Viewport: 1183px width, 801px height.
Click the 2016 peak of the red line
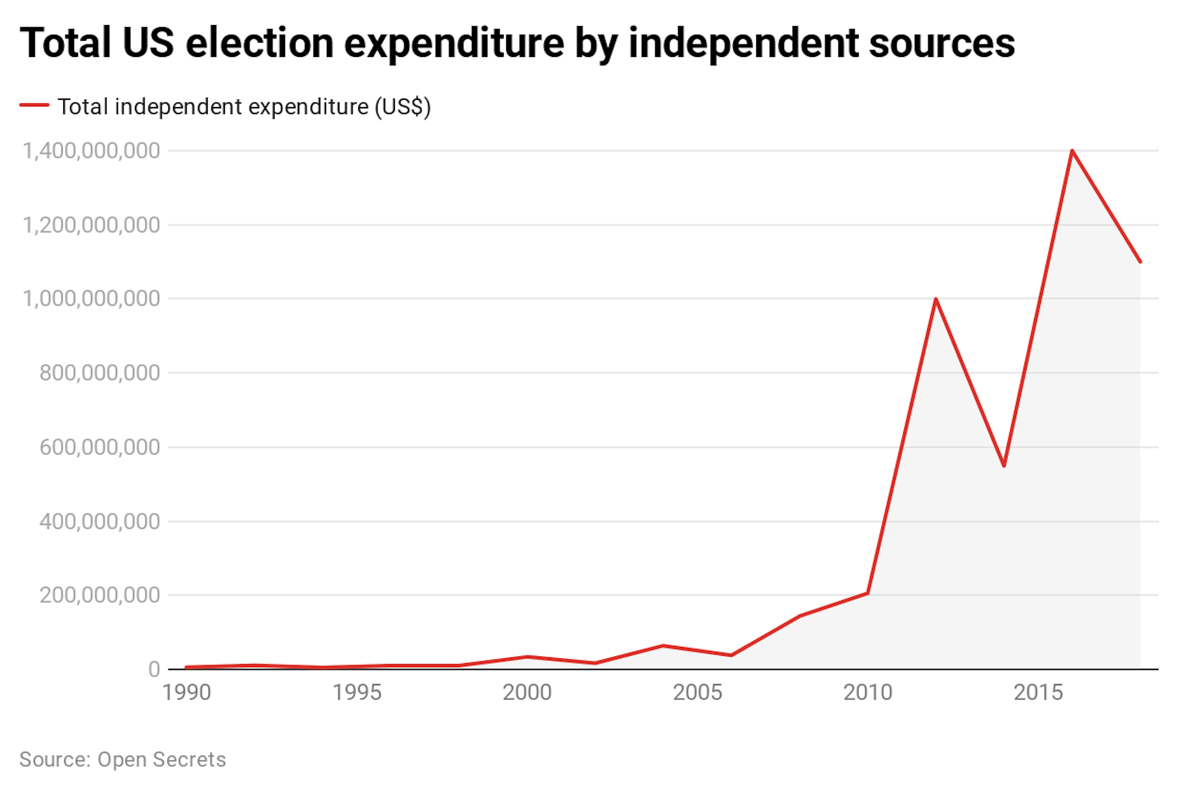(1072, 151)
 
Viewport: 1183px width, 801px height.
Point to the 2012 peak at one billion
(936, 299)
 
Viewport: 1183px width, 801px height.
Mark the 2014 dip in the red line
(1004, 465)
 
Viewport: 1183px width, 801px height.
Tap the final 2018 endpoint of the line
(1140, 262)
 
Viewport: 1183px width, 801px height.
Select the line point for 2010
(868, 593)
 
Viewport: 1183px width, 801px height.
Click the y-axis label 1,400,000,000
(91, 151)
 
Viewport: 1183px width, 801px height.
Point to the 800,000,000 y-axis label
(99, 373)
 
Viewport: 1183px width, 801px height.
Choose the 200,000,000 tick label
(99, 595)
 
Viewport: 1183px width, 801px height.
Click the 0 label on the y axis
(154, 669)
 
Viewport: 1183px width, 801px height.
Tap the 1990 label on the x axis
(187, 692)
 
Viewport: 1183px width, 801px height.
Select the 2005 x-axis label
(697, 692)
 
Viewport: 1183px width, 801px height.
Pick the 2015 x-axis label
(1038, 692)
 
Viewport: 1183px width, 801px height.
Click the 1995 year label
(357, 692)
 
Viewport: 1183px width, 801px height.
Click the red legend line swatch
(35, 106)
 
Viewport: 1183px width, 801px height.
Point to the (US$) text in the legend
(402, 107)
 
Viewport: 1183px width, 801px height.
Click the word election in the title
(259, 43)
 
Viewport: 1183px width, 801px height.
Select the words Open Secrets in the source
(162, 759)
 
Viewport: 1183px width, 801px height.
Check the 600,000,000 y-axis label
(99, 447)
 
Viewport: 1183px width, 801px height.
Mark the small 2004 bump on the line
(663, 646)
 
